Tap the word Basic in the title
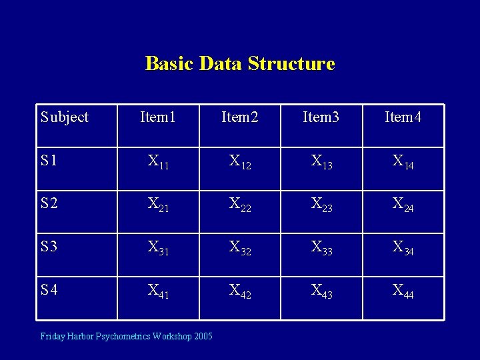169,64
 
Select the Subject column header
64,117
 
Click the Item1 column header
158,117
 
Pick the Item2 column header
240,117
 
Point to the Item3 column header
321,117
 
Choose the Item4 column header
403,117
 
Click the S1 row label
49,161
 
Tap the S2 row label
49,203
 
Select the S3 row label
49,247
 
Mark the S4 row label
49,290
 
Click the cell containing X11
158,162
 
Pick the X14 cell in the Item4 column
403,162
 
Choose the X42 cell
240,291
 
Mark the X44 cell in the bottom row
403,291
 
